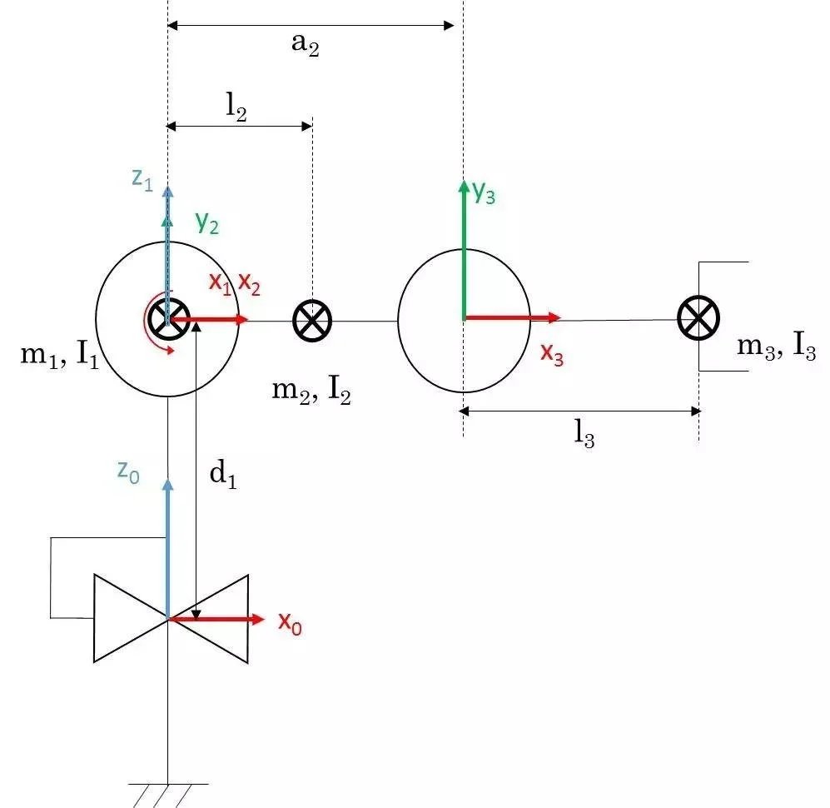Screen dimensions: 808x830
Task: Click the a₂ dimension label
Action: click(305, 45)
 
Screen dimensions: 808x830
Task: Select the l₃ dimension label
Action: click(584, 436)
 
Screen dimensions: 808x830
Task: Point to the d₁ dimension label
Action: click(222, 475)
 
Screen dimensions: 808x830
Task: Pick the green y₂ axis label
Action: click(207, 222)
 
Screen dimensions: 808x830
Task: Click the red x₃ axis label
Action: click(552, 353)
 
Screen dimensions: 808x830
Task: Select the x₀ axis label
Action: click(290, 623)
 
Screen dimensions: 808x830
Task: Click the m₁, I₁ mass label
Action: click(58, 357)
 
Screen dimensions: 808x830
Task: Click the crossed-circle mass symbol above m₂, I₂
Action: click(312, 320)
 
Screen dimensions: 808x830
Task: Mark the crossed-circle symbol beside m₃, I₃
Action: click(698, 318)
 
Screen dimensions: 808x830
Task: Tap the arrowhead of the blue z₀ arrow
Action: click(168, 485)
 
